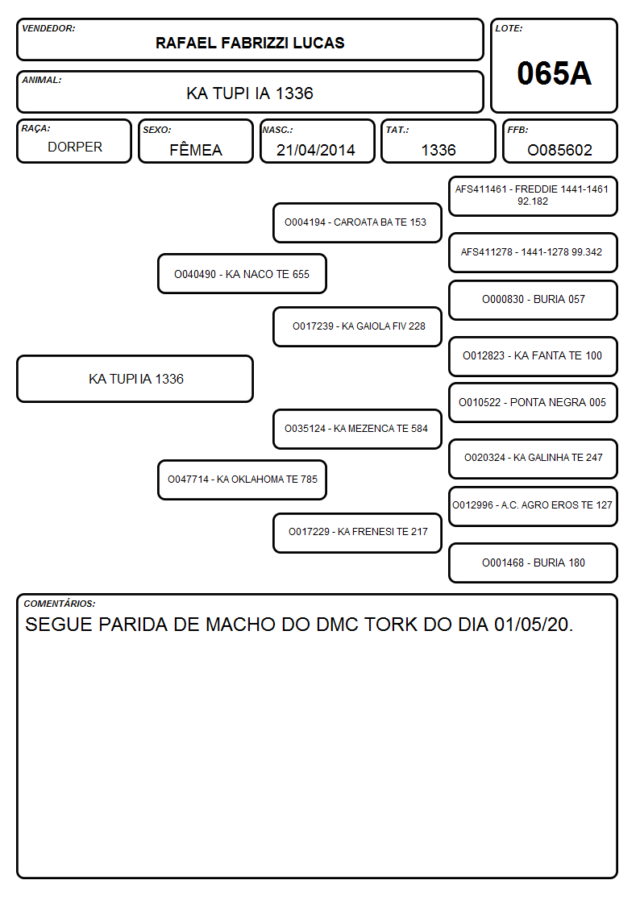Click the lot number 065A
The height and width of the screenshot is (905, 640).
554,73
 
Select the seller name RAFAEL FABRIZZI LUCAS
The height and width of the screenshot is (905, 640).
250,43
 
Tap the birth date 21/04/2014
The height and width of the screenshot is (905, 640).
316,150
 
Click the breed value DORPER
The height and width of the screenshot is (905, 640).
75,147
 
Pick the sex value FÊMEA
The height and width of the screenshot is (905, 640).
196,149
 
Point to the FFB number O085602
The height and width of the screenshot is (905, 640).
559,150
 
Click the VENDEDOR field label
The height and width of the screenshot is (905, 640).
48,28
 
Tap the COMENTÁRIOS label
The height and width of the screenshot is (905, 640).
60,603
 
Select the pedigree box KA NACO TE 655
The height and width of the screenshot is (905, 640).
242,273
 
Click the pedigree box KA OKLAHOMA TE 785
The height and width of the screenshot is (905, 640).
242,479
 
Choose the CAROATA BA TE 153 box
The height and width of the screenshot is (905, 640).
357,222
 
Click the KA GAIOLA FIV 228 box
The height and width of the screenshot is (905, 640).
357,326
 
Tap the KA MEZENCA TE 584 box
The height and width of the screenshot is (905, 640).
357,429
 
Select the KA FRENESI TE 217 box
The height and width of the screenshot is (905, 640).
357,533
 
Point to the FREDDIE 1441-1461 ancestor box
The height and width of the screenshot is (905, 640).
533,197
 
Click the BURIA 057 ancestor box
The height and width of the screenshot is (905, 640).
533,300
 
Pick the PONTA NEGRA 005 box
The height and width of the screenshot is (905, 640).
533,402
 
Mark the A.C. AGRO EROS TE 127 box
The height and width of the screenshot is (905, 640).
533,506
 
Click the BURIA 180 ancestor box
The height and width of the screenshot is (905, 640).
533,563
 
